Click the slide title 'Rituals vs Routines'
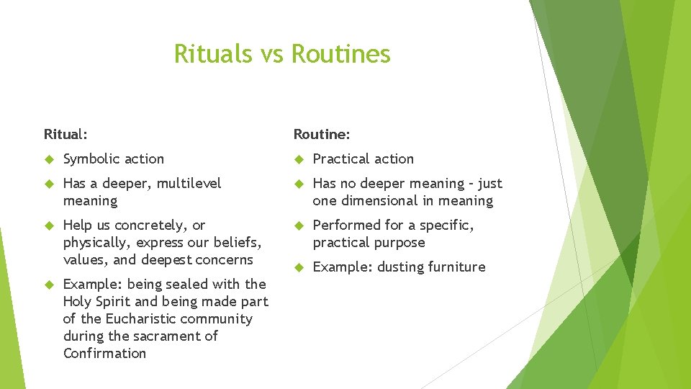[282, 54]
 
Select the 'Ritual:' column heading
[66, 134]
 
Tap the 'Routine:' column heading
[321, 134]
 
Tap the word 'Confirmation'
[104, 354]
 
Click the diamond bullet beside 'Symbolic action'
[48, 159]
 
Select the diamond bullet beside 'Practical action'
[298, 159]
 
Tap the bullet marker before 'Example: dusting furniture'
[298, 267]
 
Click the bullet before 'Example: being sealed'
[48, 285]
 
